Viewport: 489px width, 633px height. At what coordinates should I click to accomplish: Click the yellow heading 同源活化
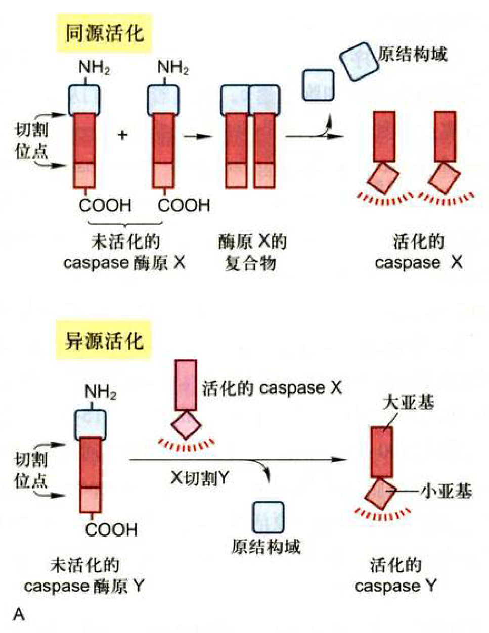click(x=104, y=34)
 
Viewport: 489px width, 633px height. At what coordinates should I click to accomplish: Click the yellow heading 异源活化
click(x=104, y=342)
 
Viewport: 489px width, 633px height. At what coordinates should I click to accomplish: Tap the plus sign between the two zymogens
click(x=122, y=135)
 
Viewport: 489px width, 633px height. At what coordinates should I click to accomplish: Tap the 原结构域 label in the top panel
click(x=413, y=54)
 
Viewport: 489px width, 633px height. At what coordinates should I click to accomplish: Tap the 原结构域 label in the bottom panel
click(x=266, y=547)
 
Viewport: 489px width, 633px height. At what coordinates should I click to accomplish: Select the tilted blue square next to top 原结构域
click(x=359, y=61)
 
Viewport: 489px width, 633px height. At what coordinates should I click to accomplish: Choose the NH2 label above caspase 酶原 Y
click(x=100, y=392)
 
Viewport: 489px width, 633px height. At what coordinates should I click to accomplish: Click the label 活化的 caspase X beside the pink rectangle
click(x=272, y=388)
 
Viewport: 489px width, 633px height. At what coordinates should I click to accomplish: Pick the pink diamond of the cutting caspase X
click(x=186, y=424)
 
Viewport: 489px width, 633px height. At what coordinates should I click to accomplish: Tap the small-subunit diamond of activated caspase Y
click(x=383, y=494)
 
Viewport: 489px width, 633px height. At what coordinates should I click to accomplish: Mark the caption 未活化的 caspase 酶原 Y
click(x=84, y=576)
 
